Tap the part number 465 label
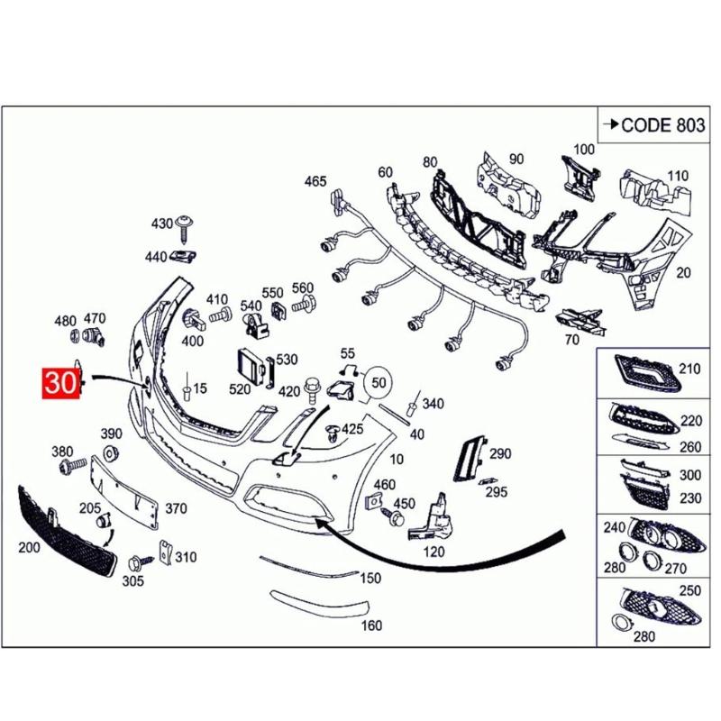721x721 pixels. (x=315, y=182)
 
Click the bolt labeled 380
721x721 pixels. (x=68, y=467)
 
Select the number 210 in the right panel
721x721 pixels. (x=689, y=369)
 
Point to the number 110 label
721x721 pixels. (x=677, y=176)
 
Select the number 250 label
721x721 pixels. (x=689, y=590)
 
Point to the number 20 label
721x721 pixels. (x=683, y=273)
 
